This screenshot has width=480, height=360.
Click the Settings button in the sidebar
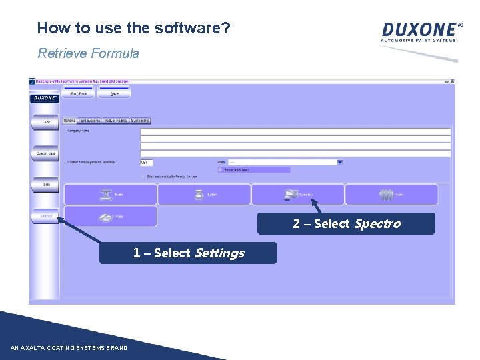pos(46,216)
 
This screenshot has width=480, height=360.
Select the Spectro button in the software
pos(298,195)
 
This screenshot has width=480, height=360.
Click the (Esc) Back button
pos(79,94)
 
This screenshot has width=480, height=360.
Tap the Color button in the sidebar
pos(46,122)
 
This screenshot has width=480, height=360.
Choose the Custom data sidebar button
pos(46,154)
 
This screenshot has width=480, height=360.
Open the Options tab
pos(69,121)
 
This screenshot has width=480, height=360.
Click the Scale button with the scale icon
pos(111,195)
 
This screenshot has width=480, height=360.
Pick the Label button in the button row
pos(204,195)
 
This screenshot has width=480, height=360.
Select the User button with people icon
pos(391,195)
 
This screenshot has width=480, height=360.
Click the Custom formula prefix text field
pos(147,162)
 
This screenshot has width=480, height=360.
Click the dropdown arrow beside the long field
pos(340,162)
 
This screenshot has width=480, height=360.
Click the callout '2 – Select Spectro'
pos(346,224)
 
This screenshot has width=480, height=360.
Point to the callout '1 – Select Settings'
pos(188,253)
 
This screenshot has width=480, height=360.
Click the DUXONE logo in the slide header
pos(421,31)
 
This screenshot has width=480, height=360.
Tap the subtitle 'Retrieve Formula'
pos(88,53)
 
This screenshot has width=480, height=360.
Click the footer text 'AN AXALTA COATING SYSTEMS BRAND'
pos(69,348)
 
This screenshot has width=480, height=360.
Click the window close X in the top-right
pos(452,81)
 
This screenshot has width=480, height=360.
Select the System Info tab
pos(141,121)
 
